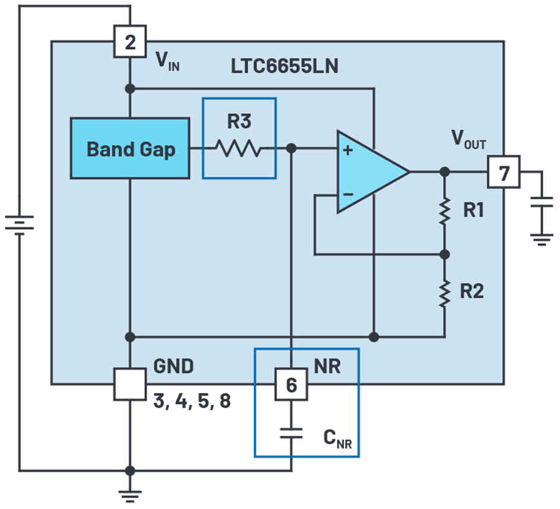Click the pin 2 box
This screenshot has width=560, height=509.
pyautogui.click(x=130, y=42)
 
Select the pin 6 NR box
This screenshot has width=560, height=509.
pyautogui.click(x=291, y=385)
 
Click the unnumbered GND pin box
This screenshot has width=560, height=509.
pyautogui.click(x=130, y=384)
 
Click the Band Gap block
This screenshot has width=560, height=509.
pyautogui.click(x=129, y=149)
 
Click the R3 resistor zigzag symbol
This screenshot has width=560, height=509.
pyautogui.click(x=239, y=148)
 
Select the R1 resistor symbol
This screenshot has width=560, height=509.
pyautogui.click(x=445, y=212)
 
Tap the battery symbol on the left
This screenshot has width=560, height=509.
pyautogui.click(x=19, y=223)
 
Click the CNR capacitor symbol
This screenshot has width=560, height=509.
pyautogui.click(x=291, y=432)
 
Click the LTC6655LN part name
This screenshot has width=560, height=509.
pyautogui.click(x=284, y=67)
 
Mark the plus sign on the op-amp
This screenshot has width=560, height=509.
pyautogui.click(x=348, y=150)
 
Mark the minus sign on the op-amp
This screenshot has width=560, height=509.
pyautogui.click(x=348, y=194)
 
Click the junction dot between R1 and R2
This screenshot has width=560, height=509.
pyautogui.click(x=445, y=254)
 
